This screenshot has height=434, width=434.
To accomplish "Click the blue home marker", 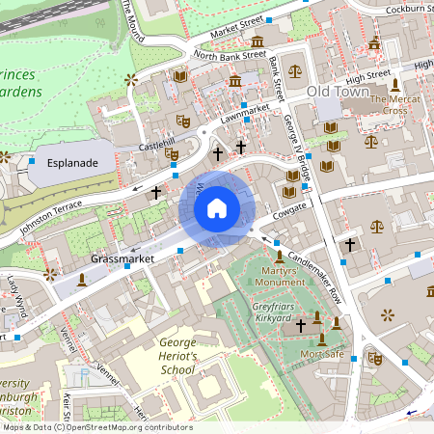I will coord(217,207).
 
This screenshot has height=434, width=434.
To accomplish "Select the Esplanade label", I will coord(72,163).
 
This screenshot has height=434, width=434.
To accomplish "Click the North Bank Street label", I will coord(230,55).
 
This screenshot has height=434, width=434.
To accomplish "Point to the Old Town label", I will coord(339,91).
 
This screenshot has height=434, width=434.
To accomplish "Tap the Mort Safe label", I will coord(322,354).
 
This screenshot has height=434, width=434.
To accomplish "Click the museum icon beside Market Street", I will coord(258,41).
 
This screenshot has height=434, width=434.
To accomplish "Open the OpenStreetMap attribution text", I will coord(96,427).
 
